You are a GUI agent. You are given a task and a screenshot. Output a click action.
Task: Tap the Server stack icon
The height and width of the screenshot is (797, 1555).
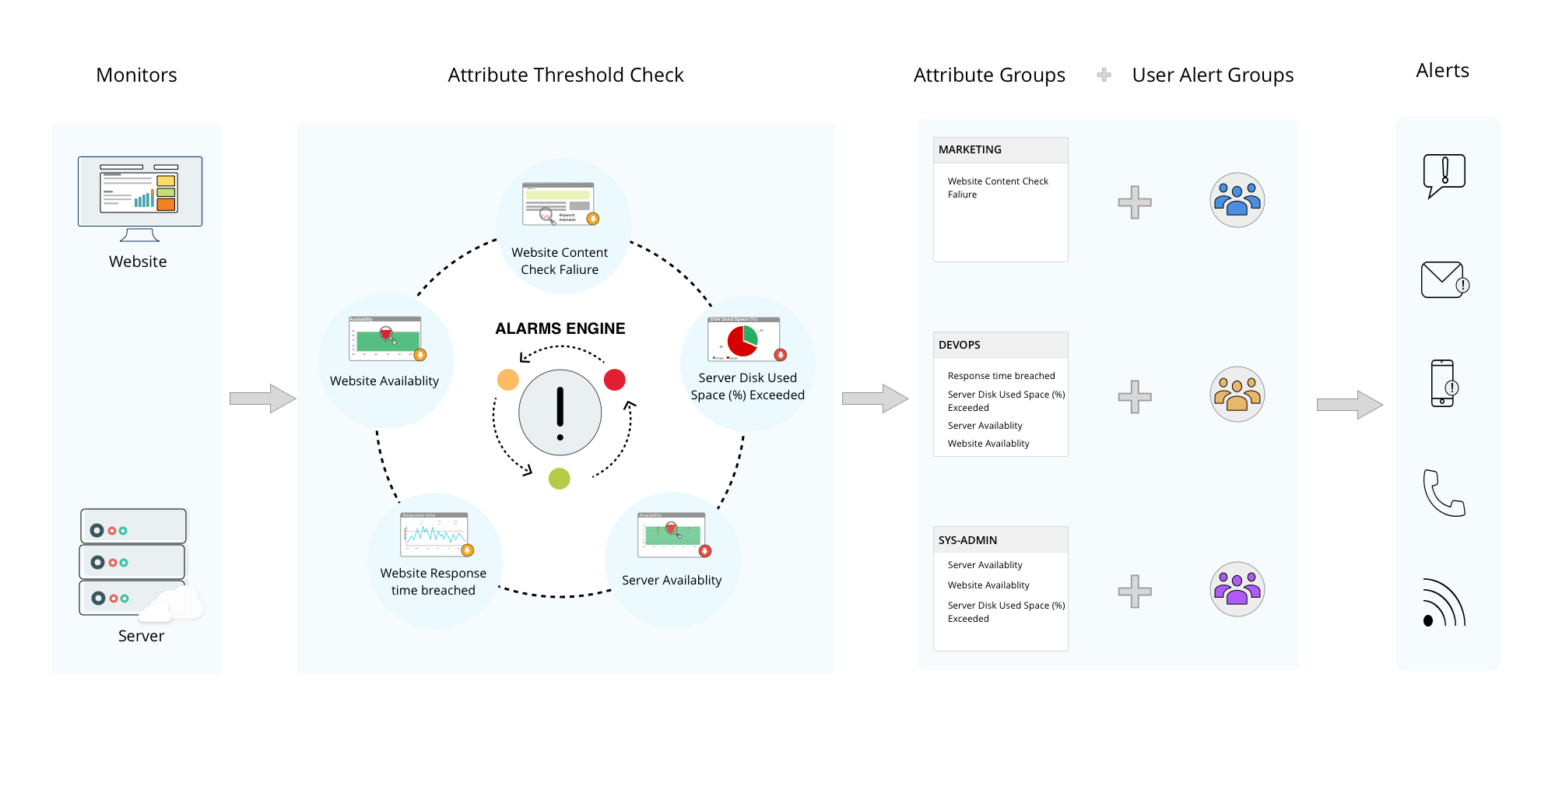click(134, 562)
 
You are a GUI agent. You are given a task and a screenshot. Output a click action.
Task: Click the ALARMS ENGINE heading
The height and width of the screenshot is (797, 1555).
click(560, 328)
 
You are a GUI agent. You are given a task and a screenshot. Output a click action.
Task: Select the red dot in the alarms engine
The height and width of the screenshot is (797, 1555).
click(615, 380)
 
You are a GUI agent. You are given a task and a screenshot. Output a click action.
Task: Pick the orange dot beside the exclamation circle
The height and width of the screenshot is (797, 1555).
click(508, 380)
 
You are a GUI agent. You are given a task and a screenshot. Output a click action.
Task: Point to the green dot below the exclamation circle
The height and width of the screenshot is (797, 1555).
click(560, 478)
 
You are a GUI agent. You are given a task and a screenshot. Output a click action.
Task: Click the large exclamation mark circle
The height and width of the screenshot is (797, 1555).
click(560, 413)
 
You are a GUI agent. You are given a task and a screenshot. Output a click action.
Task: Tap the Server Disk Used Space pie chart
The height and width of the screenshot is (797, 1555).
click(743, 339)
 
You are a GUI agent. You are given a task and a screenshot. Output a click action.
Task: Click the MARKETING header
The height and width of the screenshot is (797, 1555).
click(970, 149)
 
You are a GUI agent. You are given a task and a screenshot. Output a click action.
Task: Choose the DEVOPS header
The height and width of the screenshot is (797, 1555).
click(960, 345)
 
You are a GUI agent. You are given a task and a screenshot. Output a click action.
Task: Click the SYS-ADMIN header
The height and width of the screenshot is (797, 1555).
click(967, 540)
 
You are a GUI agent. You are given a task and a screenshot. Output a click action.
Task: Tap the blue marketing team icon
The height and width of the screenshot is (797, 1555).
click(1237, 200)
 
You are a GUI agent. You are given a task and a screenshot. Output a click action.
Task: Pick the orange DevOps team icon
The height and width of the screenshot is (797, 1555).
click(1237, 395)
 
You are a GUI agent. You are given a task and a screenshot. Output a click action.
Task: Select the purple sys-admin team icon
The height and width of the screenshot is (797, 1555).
click(1237, 589)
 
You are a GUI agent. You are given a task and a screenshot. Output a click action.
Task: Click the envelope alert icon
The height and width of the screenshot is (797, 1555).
click(1444, 280)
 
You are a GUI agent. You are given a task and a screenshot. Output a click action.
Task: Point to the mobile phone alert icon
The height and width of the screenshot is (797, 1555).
click(1444, 383)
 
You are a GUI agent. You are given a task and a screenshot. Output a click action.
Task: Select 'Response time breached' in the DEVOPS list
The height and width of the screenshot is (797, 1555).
click(1001, 376)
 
